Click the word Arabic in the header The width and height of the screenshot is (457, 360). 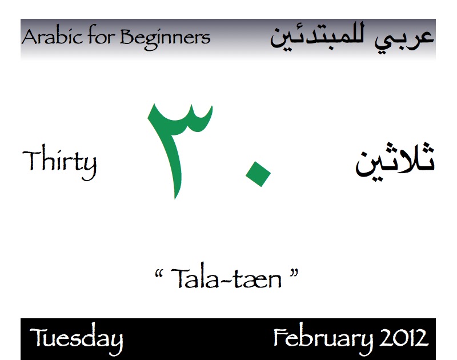click(x=49, y=38)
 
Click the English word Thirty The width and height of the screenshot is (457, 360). click(x=59, y=162)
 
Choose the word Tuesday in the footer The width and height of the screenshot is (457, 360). click(x=76, y=339)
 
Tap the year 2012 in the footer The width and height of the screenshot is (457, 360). click(x=403, y=338)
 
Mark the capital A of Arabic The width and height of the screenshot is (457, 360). click(x=29, y=38)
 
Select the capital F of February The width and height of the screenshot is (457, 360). click(x=280, y=338)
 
